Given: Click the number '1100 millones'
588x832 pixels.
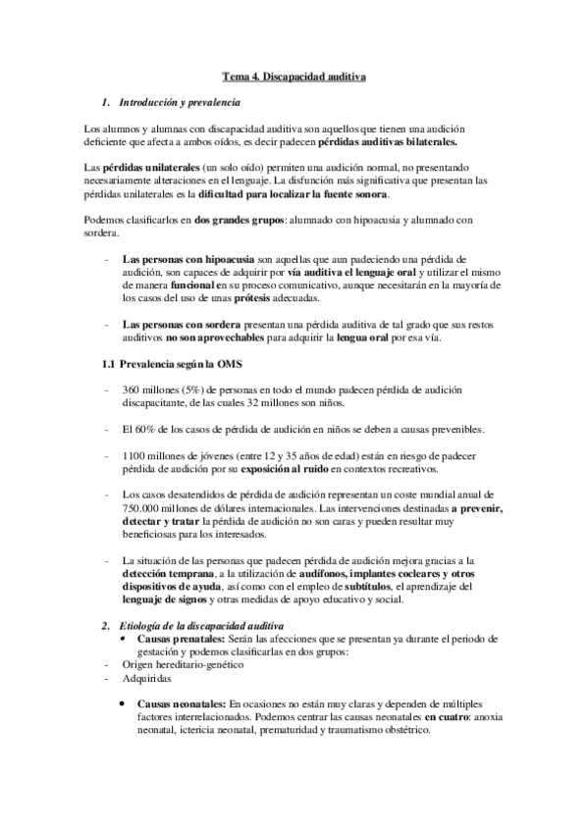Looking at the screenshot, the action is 153,455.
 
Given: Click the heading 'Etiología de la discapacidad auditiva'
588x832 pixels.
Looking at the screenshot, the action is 201,625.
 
